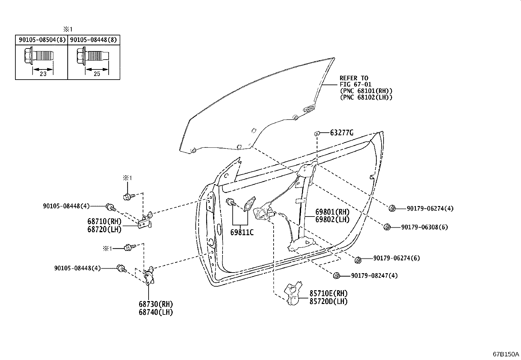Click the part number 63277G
342,133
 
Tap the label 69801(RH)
332,212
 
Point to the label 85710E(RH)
328,294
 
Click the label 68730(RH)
155,304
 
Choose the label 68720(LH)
104,229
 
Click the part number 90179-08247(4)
374,275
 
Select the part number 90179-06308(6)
424,227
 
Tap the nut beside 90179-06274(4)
392,208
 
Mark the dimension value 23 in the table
43,74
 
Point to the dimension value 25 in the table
97,74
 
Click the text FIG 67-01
355,85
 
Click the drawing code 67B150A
506,354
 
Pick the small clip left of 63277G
317,133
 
